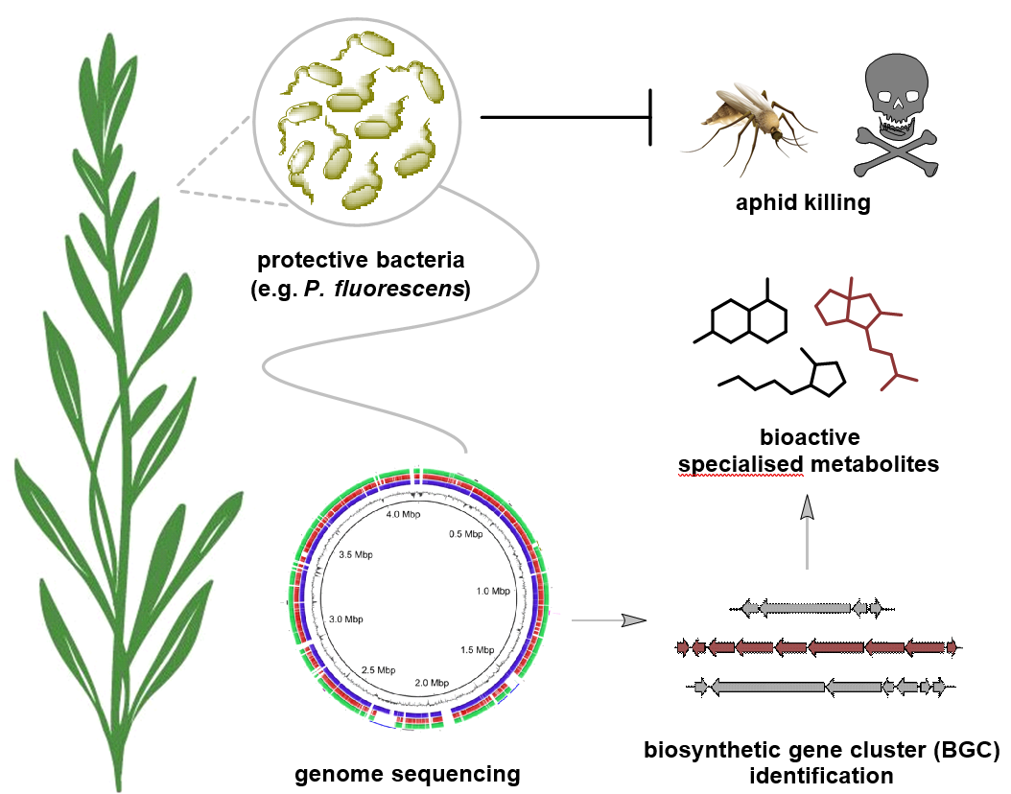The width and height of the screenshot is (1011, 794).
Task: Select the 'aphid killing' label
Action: tap(803, 203)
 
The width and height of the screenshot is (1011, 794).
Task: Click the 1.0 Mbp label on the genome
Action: tap(493, 592)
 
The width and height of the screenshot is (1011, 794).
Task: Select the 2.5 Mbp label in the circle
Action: tap(379, 668)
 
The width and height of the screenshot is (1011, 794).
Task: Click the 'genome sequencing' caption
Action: tap(408, 773)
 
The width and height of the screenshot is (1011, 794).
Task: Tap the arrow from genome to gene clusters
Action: tap(605, 620)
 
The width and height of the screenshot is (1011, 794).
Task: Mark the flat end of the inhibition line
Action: tap(652, 118)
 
